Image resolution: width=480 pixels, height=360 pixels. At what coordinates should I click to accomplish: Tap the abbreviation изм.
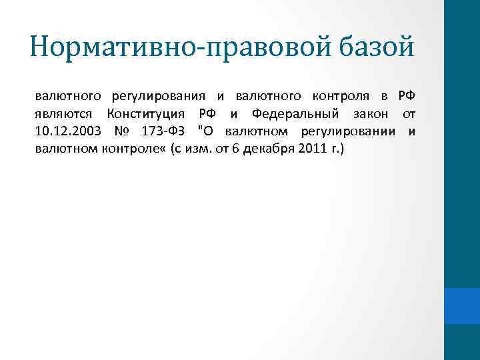pos(197,148)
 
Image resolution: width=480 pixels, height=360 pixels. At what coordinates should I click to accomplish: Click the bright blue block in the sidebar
pos(462,307)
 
